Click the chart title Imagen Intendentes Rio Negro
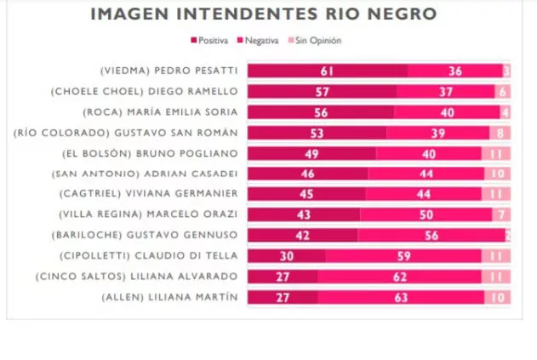pos(264,14)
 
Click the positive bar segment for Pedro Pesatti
pos(328,71)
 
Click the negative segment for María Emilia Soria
pos(447,112)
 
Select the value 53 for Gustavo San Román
pos(317,133)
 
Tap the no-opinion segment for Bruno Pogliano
pos(495,153)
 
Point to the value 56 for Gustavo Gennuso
pos(431,235)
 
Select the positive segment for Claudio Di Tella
pos(287,255)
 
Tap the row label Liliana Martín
pos(170,297)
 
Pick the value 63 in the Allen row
pos(400,297)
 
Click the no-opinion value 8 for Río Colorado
pos(500,133)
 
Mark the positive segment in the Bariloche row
pos(302,235)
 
